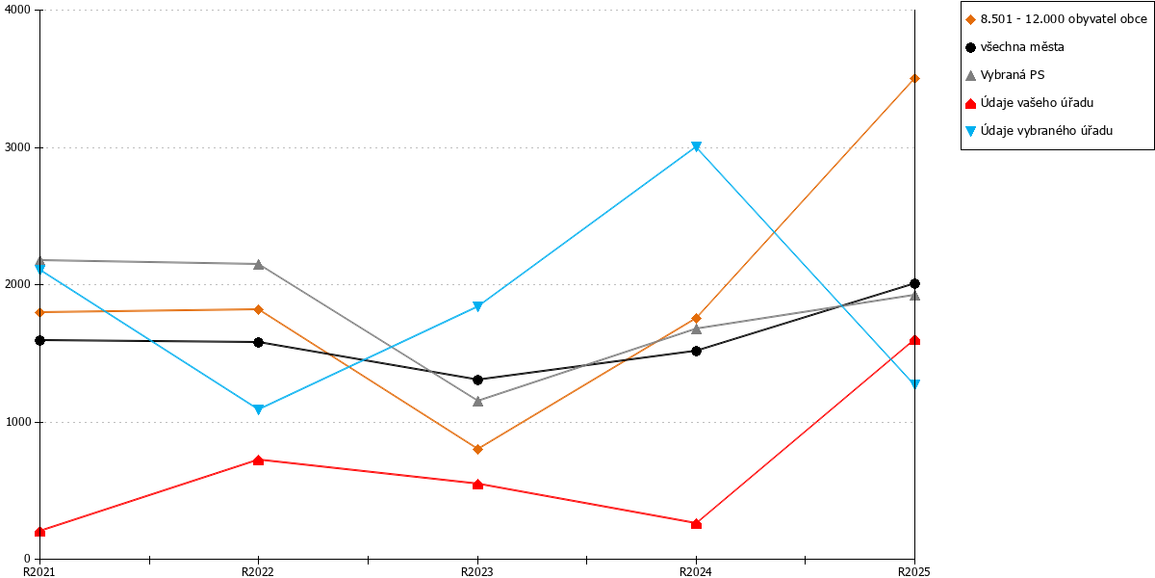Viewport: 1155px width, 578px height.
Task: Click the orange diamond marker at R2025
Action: click(914, 78)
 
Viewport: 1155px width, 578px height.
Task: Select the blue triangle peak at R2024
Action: click(696, 147)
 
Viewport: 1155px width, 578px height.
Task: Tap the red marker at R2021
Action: click(39, 532)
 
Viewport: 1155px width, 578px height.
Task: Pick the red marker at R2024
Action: click(696, 524)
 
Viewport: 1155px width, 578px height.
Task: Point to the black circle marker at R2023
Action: click(477, 380)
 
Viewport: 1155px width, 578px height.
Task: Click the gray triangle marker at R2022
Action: click(258, 264)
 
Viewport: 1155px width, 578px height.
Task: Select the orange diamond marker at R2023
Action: click(477, 449)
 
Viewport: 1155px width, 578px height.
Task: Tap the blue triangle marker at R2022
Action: click(258, 409)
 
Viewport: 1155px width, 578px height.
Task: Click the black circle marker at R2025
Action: click(914, 283)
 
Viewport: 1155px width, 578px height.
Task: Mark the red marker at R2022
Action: click(258, 460)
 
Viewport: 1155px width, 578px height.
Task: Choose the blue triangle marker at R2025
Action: click(914, 384)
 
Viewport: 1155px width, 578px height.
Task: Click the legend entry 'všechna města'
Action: click(1022, 47)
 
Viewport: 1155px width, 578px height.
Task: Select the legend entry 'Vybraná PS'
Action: click(1013, 75)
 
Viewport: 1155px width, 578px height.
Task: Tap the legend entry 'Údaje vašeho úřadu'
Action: click(1037, 103)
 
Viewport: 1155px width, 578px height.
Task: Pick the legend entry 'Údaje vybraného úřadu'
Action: click(1046, 131)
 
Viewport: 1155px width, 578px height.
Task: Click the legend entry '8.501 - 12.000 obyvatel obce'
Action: click(1064, 19)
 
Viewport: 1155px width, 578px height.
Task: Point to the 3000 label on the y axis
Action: click(17, 147)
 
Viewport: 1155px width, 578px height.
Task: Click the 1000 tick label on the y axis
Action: click(17, 422)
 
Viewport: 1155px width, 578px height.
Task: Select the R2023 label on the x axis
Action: click(477, 572)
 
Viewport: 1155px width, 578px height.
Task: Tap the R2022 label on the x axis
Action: click(258, 572)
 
